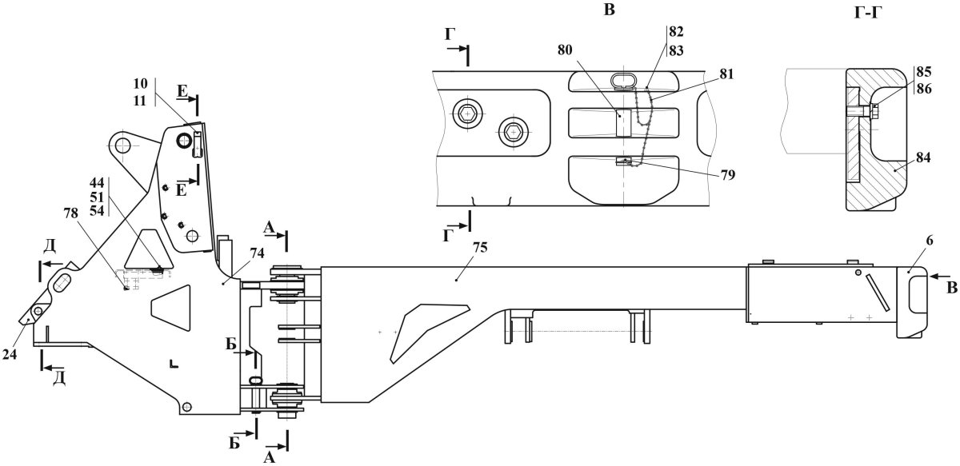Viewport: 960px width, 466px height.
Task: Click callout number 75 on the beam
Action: click(481, 248)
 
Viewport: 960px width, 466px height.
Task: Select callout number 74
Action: click(257, 253)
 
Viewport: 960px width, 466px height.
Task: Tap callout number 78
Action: click(70, 213)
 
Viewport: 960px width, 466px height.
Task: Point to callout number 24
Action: click(10, 354)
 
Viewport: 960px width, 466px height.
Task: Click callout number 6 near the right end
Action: click(929, 241)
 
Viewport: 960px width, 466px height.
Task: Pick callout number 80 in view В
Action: click(565, 50)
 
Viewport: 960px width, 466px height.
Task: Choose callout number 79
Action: click(727, 175)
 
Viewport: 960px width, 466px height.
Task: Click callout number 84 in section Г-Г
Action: click(922, 157)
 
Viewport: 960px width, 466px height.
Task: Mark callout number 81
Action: click(726, 74)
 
